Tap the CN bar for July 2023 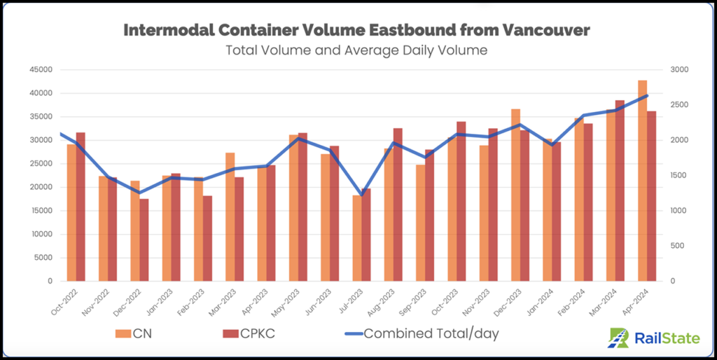pos(357,237)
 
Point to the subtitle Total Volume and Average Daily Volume pos(356,50)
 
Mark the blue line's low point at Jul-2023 pos(361,195)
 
